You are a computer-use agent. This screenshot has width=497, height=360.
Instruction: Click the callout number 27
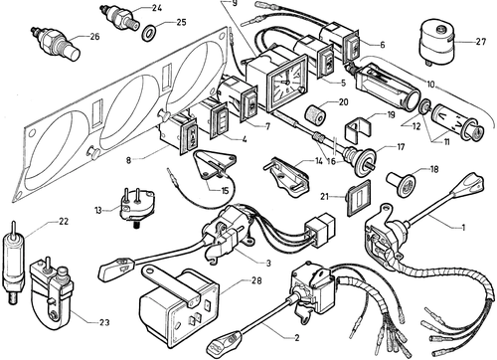[480, 42]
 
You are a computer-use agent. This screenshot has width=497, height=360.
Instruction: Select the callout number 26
[94, 36]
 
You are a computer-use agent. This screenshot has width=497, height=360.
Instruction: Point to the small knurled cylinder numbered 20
[315, 113]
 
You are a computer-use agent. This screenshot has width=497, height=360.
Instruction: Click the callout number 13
[98, 210]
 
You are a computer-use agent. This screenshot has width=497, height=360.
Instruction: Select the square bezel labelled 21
[359, 198]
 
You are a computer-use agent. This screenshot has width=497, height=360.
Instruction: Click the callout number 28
[256, 280]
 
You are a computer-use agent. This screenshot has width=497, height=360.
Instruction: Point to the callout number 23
[104, 322]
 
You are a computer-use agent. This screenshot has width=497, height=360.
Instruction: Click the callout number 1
[463, 227]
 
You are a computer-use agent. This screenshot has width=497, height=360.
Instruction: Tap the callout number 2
[296, 337]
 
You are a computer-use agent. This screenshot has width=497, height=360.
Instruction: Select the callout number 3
[268, 263]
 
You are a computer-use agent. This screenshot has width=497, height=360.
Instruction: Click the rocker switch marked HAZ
[189, 138]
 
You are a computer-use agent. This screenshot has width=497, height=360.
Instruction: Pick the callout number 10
[430, 85]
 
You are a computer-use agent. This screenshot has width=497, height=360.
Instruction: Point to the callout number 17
[401, 146]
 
